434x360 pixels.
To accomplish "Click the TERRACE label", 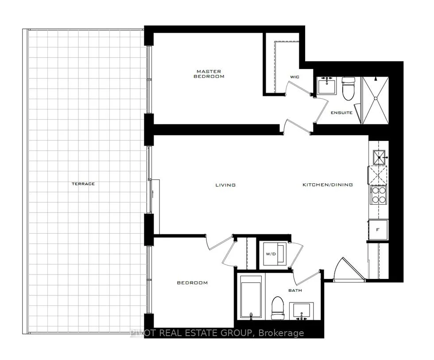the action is tap(83, 184).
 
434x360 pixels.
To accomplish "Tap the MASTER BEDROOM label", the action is tap(209, 74).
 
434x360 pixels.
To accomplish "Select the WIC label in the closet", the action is tap(294, 77).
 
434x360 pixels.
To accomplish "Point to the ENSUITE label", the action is tap(341, 112).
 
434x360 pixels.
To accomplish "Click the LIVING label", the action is tap(225, 185).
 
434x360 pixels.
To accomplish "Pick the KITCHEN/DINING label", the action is tap(327, 185).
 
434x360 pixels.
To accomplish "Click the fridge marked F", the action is tap(378, 230).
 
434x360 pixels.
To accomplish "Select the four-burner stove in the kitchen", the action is tap(378, 195).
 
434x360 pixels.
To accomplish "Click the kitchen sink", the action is tap(379, 157).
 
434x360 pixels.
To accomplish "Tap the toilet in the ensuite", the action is tap(349, 89).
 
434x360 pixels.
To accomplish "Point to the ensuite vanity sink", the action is tap(327, 86).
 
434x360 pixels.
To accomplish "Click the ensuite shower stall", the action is tap(376, 100).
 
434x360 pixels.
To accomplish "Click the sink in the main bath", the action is tap(302, 311).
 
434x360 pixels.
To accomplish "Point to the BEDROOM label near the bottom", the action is tap(192, 283).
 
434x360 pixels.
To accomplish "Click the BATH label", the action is tap(295, 290).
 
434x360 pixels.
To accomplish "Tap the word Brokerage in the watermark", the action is tap(281, 333).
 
